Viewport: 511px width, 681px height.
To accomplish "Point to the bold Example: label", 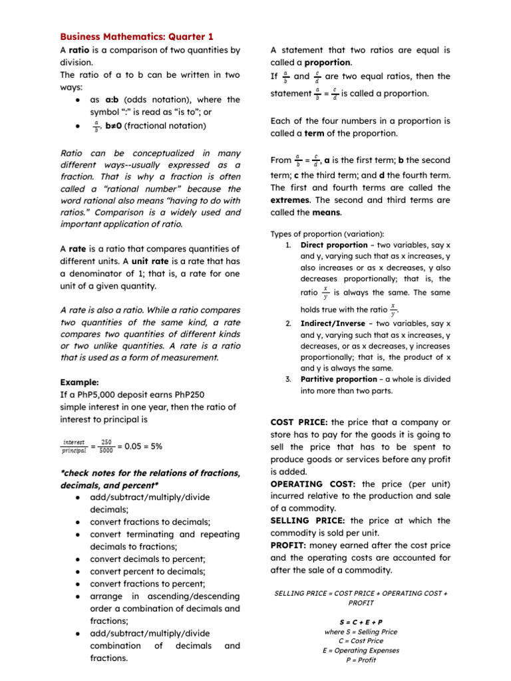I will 79,382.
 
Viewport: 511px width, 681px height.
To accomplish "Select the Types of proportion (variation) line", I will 327,233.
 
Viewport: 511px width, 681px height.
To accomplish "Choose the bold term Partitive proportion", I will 338,379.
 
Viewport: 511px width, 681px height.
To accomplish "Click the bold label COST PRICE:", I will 299,422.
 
